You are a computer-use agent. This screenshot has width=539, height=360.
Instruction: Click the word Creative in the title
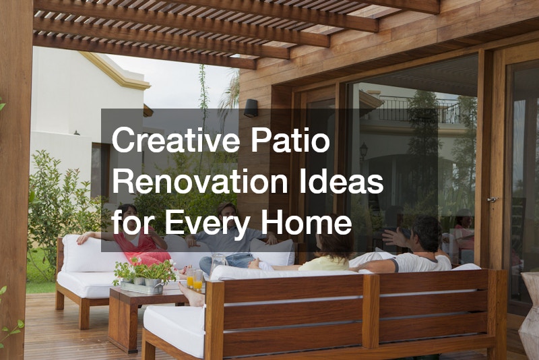coord(176,140)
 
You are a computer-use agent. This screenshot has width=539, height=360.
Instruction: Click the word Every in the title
coord(208,224)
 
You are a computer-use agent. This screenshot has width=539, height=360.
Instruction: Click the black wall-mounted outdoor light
coord(251,108)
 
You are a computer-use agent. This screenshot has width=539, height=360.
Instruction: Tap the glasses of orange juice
coord(194,279)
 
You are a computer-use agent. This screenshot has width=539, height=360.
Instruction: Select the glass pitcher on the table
coord(218,264)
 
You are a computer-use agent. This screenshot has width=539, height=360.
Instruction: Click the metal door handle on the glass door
coord(493,200)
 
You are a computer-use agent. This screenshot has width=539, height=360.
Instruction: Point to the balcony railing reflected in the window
coord(419,109)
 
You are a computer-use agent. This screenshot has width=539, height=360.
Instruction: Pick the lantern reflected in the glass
coord(363,151)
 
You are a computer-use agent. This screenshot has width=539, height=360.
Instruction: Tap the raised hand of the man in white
coord(392,237)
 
